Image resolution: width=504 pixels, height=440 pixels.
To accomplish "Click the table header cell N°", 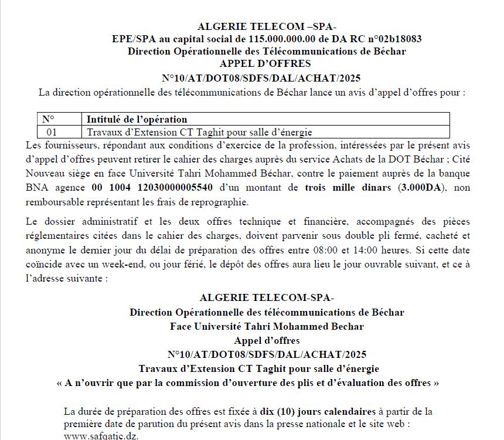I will pyautogui.click(x=48, y=119).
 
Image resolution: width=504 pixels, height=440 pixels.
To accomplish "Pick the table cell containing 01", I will pyautogui.click(x=52, y=132).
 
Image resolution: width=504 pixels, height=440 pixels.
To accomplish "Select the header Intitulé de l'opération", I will pyautogui.click(x=137, y=119).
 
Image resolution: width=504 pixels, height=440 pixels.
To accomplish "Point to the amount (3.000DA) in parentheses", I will pyautogui.click(x=421, y=188).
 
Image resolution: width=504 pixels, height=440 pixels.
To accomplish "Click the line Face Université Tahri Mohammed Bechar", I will pyautogui.click(x=267, y=326).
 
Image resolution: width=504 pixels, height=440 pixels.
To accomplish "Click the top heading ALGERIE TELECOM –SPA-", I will pyautogui.click(x=267, y=26).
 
